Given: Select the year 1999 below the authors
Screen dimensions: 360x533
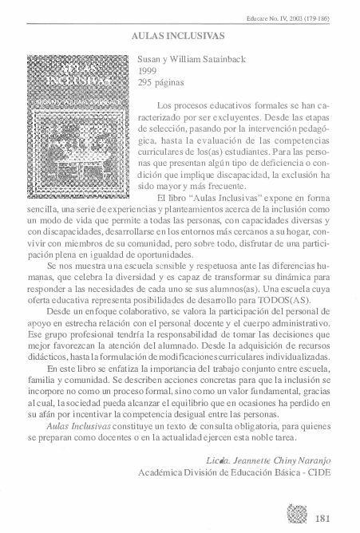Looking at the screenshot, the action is tap(148, 71).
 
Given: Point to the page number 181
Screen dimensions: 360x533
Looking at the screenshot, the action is tap(323, 517).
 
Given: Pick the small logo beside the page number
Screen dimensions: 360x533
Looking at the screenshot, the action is tap(296, 514).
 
